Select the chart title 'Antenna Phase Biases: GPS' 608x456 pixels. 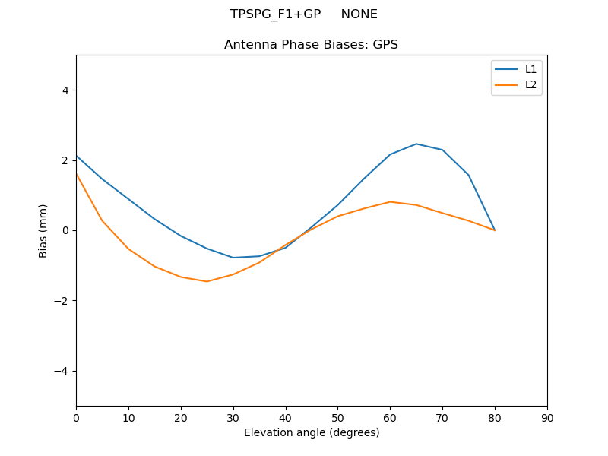pos(311,45)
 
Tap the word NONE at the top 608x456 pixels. pos(359,14)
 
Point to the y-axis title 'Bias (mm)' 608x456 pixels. pos(43,230)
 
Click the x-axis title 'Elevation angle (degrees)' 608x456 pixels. pos(311,432)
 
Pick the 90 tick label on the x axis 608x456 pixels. pos(546,417)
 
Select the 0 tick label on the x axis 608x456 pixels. pos(76,417)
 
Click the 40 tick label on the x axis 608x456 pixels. pos(285,417)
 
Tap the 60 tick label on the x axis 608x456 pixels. pos(390,417)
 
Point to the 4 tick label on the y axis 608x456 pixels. pos(65,90)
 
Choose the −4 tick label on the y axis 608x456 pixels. pos(61,371)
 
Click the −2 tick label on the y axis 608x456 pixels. pos(61,301)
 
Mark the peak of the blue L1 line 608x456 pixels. pos(416,144)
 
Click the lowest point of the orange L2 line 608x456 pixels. pos(207,281)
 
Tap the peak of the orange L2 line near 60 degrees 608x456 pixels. pos(390,201)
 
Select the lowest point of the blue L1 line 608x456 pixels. pos(233,258)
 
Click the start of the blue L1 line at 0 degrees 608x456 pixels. pos(76,156)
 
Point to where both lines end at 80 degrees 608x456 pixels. pos(495,230)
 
